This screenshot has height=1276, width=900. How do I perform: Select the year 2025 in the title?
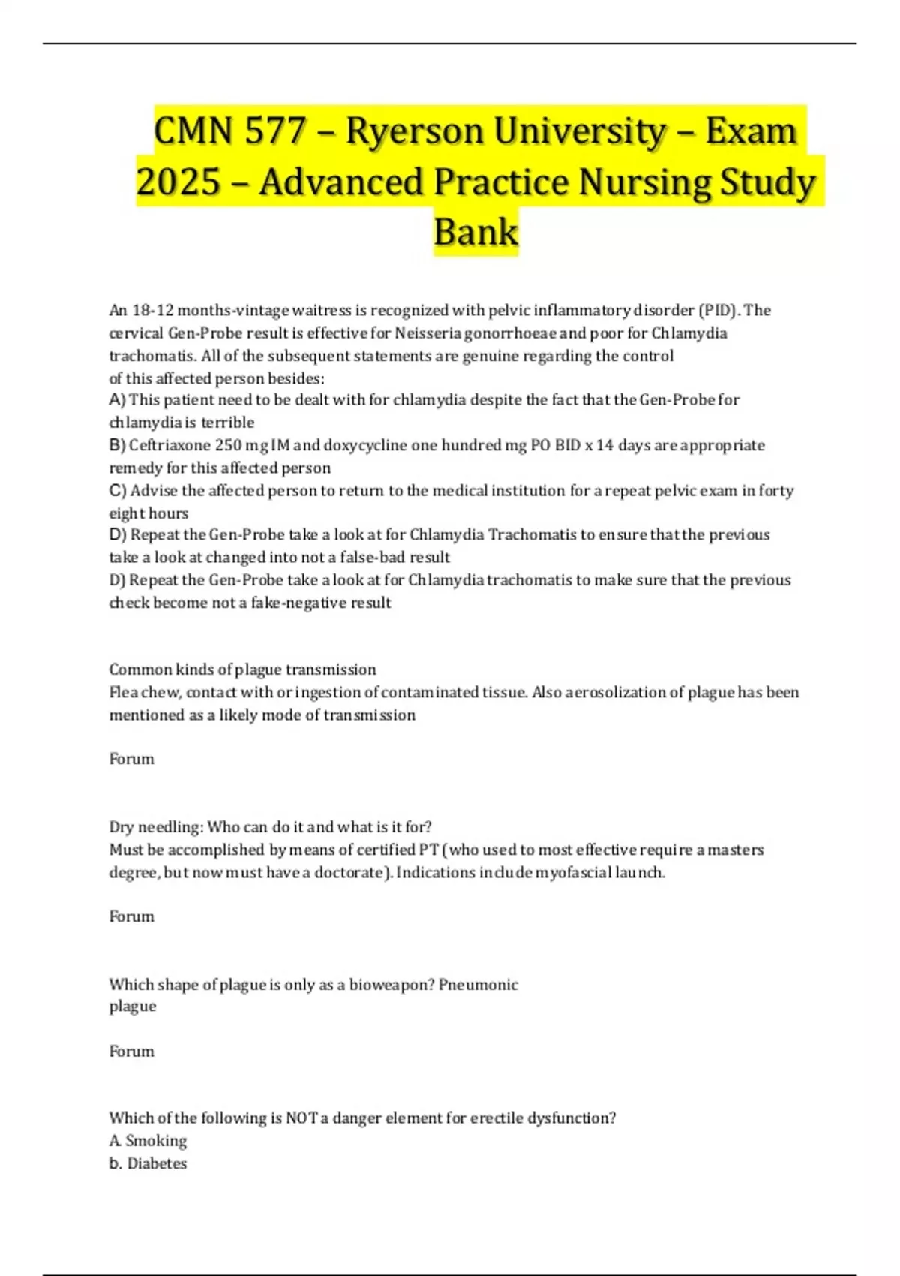178,182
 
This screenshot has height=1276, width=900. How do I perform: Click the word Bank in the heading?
475,232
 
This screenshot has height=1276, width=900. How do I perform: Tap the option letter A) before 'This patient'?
118,400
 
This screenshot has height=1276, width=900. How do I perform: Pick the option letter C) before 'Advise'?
118,491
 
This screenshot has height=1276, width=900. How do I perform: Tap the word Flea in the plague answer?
124,692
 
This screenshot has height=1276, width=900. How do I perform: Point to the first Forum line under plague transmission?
132,759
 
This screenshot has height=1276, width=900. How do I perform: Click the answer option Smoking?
156,1141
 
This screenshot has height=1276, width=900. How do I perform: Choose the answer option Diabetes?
157,1163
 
